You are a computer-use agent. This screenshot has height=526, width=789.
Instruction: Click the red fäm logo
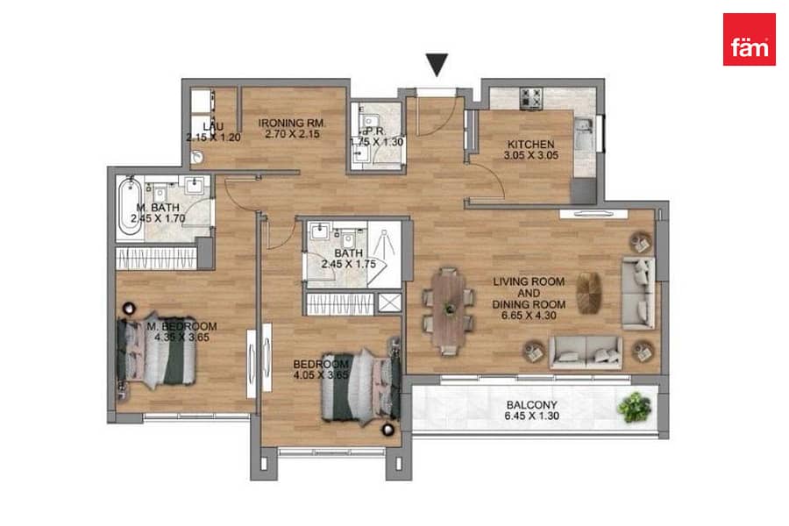tap(749, 39)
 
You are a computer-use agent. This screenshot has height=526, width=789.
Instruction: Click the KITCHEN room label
tap(530, 145)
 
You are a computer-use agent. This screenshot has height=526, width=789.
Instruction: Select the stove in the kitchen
tap(531, 99)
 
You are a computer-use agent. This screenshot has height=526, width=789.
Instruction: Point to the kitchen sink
tap(585, 134)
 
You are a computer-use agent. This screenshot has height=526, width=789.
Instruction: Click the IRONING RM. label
tap(292, 123)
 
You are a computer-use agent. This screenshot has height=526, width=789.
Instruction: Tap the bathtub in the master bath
tap(130, 207)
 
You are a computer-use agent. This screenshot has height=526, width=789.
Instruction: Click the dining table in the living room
tap(449, 311)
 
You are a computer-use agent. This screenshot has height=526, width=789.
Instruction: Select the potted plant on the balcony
tap(635, 406)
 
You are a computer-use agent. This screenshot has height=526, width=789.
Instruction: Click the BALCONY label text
tap(531, 405)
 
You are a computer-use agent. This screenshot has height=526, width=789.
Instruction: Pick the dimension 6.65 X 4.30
tap(529, 316)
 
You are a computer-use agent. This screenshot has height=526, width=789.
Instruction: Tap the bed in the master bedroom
tap(156, 352)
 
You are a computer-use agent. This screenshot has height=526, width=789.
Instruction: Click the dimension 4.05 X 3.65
tap(321, 375)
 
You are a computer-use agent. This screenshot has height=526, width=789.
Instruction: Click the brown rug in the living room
tap(589, 293)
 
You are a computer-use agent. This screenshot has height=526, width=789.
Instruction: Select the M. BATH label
tap(158, 208)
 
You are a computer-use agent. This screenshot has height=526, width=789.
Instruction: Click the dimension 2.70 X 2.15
tap(292, 134)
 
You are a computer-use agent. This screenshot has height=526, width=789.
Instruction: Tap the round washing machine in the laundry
tap(196, 157)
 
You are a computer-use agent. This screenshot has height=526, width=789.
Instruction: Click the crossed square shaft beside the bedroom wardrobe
tap(389, 303)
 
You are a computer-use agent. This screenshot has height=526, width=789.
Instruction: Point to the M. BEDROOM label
tap(181, 326)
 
